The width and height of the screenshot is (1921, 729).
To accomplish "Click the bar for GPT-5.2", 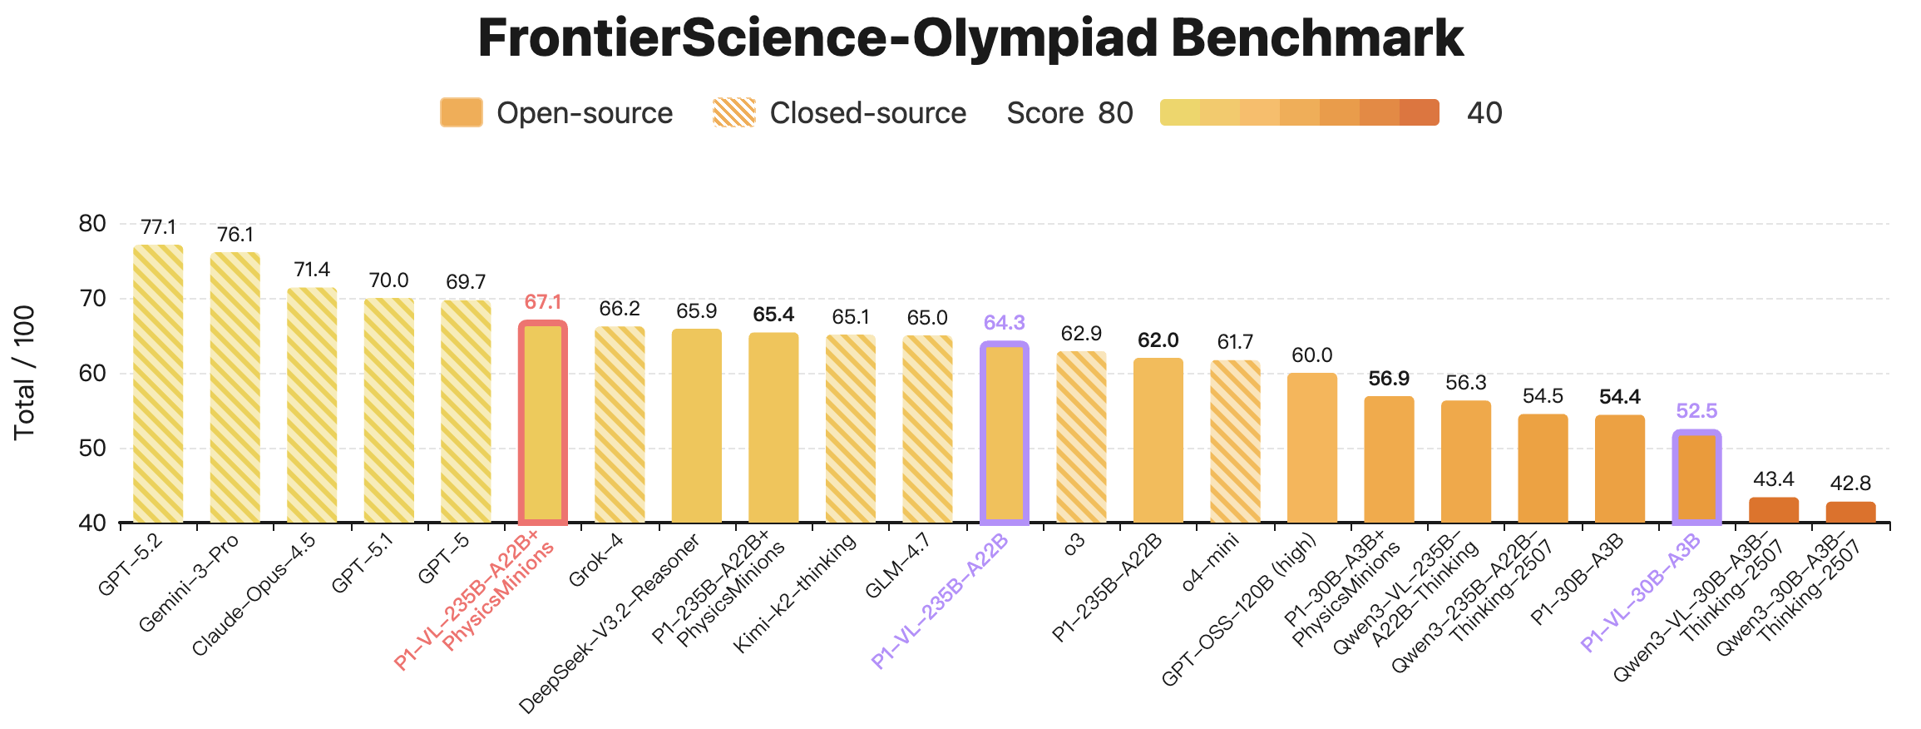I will (158, 384).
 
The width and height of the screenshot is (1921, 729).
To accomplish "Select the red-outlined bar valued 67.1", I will (543, 424).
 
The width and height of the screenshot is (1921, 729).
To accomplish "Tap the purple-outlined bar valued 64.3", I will (1005, 434).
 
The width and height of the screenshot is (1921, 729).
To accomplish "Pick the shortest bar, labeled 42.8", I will (1850, 513).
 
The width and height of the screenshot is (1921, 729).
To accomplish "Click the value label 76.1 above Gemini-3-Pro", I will (235, 236).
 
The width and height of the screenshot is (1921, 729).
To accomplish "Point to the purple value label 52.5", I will (1696, 411).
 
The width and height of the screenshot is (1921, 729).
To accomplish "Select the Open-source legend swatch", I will (462, 113).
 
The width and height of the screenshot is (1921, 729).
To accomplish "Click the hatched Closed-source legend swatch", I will (733, 113).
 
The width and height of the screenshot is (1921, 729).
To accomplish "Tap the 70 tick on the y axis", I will (92, 299).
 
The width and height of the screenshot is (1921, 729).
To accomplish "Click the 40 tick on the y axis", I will (92, 523).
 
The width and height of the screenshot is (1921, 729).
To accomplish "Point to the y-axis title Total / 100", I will (25, 373).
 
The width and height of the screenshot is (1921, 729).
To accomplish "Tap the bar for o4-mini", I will (1235, 442).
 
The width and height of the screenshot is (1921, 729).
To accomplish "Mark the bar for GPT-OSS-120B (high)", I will (1312, 449).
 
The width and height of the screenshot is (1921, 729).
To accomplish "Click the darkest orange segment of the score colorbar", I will (1420, 112).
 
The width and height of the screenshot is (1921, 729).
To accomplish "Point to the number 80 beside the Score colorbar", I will (1115, 113).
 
